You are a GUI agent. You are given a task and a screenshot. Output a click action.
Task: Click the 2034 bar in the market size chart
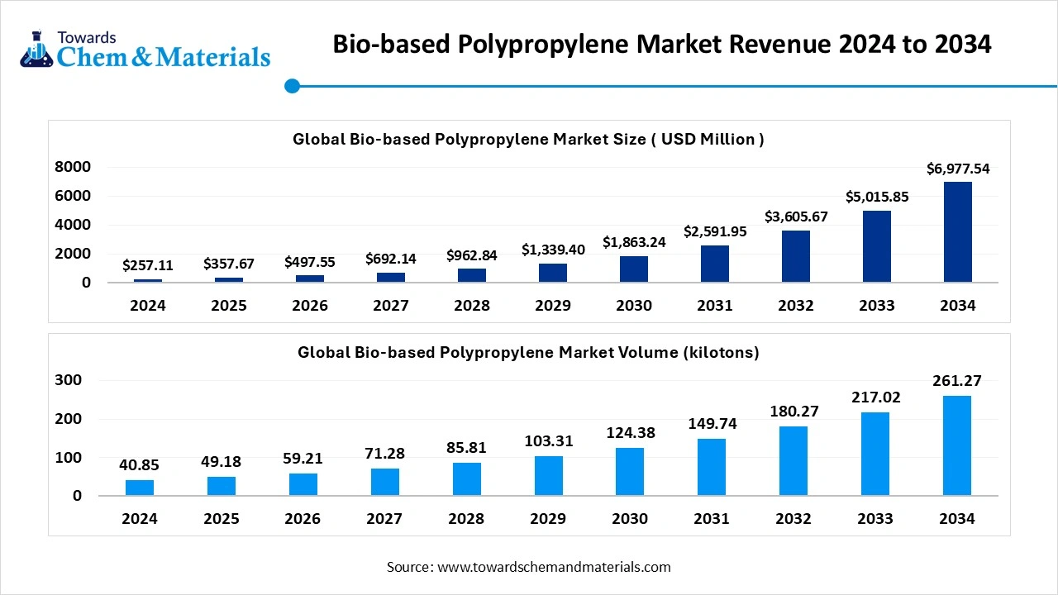(958, 232)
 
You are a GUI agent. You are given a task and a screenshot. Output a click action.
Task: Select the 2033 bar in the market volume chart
(875, 454)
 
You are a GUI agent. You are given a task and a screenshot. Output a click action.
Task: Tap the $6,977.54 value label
(958, 169)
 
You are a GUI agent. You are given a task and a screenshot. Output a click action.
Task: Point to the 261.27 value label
(958, 381)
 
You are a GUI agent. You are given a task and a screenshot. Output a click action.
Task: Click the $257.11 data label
(148, 265)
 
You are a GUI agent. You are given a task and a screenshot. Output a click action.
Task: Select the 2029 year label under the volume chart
(548, 519)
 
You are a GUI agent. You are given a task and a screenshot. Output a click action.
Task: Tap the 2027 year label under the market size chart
(391, 306)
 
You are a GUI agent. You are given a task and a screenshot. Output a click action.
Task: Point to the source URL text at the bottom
(529, 567)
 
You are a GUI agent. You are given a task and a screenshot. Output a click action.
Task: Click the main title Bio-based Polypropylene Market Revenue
(661, 44)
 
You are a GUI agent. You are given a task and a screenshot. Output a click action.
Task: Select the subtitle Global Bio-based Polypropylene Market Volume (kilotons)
(528, 353)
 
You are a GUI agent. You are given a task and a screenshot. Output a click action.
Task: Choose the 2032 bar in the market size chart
(796, 256)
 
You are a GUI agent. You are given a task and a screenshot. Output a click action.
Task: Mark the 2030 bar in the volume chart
(630, 472)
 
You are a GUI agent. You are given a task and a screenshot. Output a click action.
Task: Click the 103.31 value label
(548, 441)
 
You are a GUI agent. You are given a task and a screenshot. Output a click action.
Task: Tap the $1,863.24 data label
(634, 242)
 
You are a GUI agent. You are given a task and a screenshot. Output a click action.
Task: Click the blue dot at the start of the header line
(291, 86)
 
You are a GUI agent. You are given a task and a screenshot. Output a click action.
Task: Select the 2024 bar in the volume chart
(140, 488)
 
